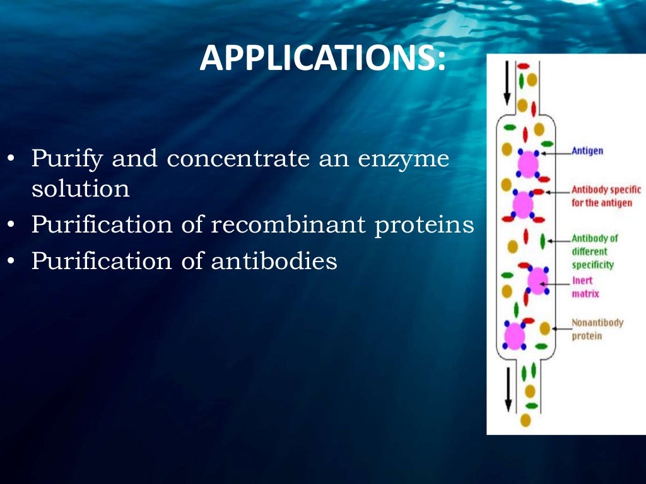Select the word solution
coord(81,188)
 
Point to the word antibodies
coord(274,260)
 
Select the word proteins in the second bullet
coord(424,224)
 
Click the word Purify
coord(68,158)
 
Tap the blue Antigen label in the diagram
coord(587,151)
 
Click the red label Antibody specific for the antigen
coord(606,196)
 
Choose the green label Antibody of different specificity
coord(594,251)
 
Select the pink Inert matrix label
coord(585,287)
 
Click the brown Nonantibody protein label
coord(597,329)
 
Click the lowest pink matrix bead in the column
coord(515,335)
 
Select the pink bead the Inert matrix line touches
coord(537,281)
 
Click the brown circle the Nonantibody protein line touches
coord(544,328)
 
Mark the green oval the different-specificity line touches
coord(543,240)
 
